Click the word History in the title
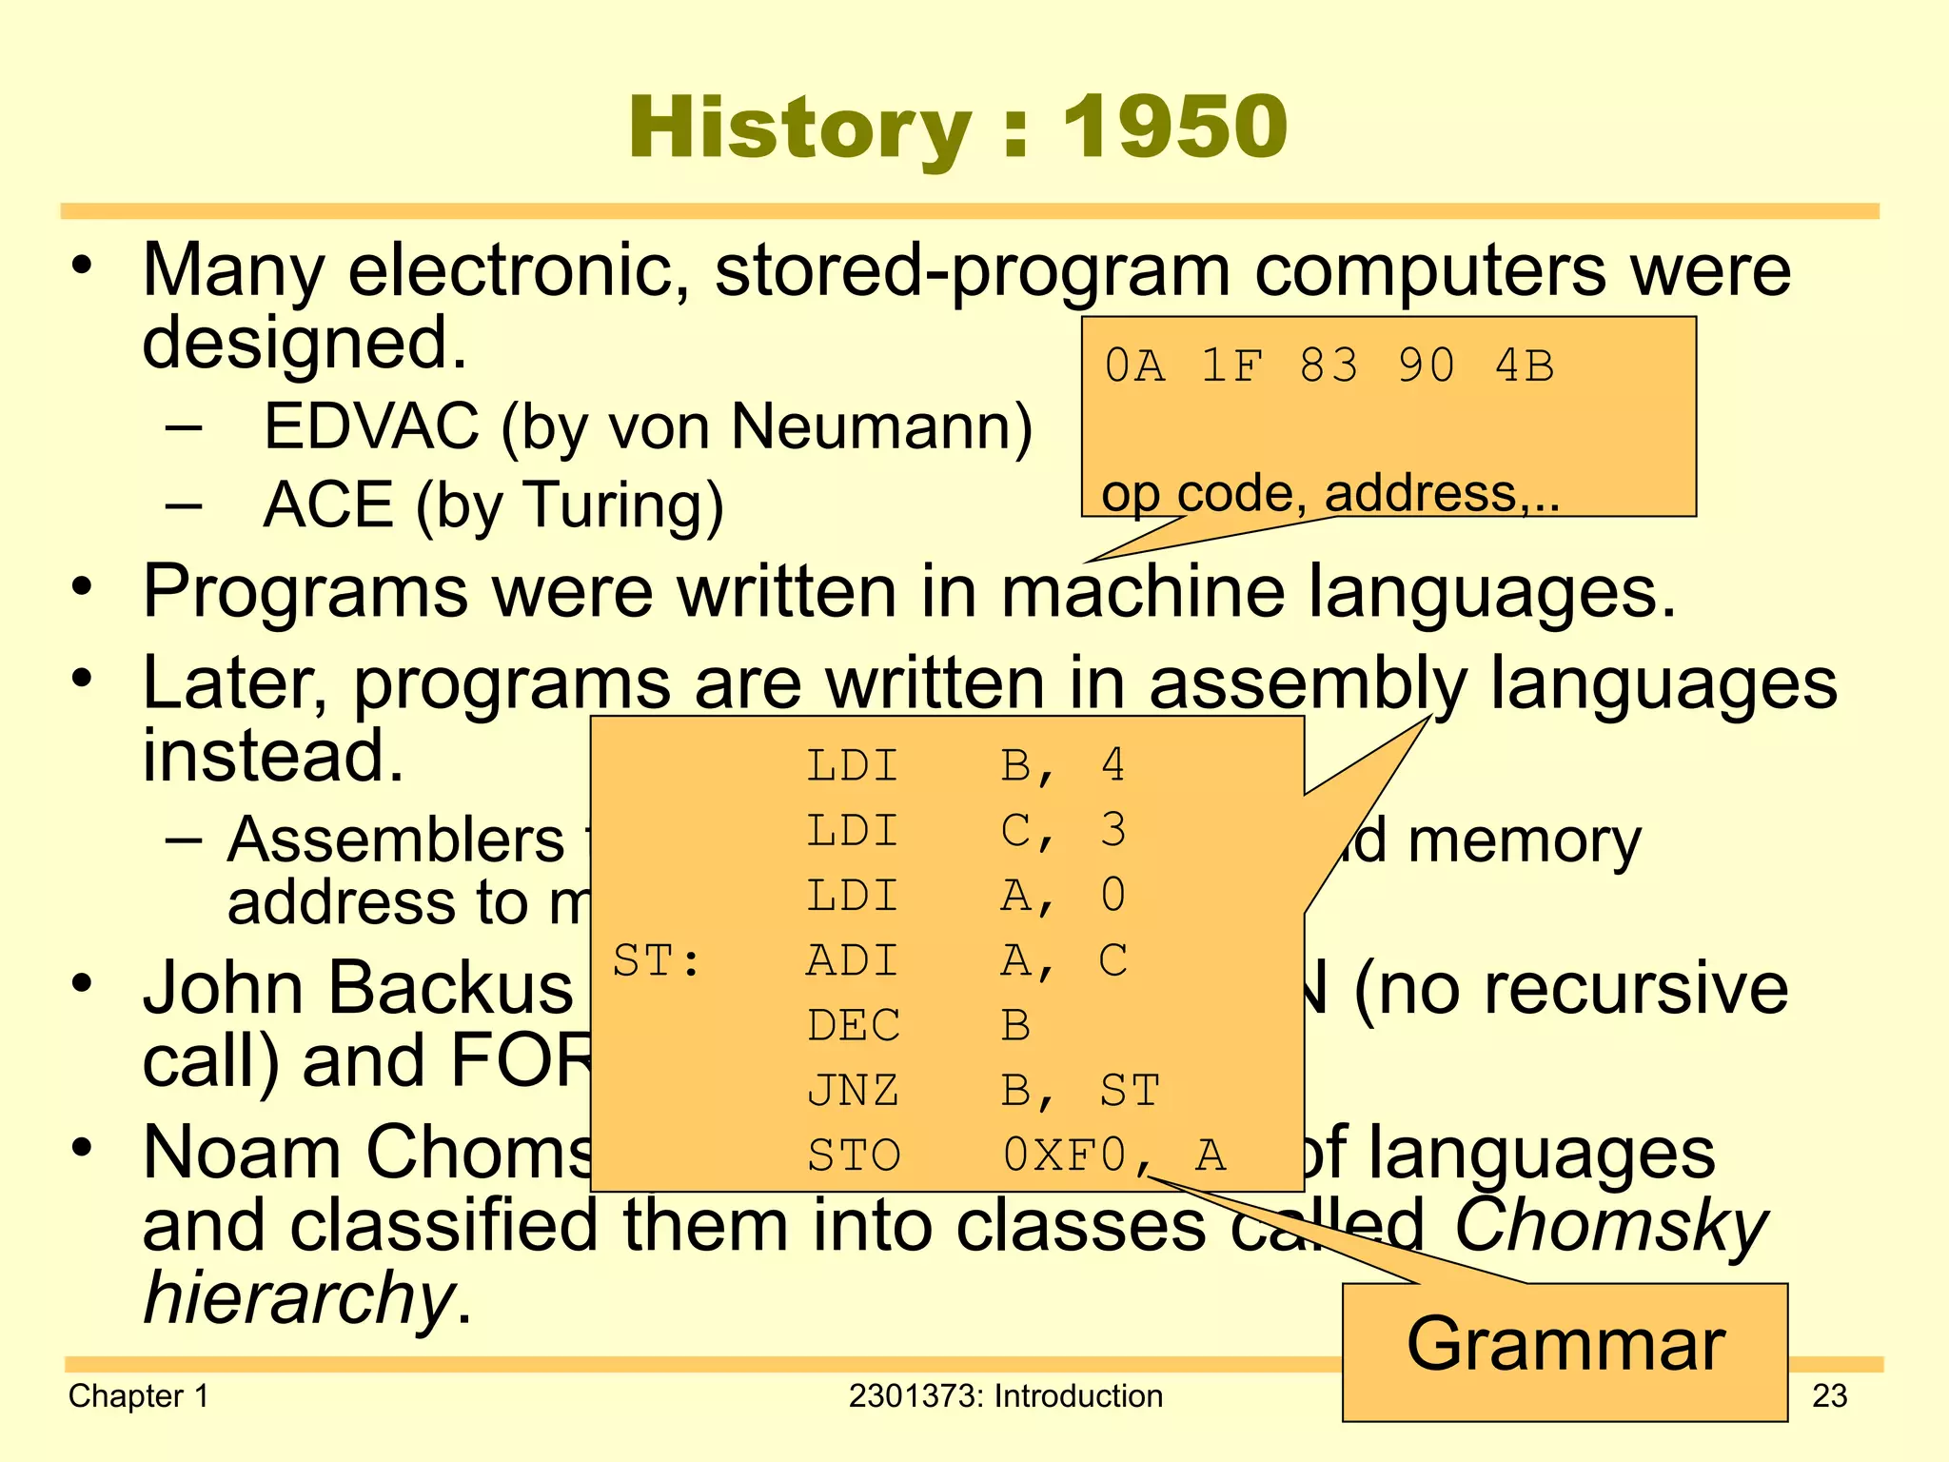[x=800, y=128]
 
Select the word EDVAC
[x=371, y=426]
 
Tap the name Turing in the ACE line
[x=622, y=504]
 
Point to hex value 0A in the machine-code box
[x=1134, y=366]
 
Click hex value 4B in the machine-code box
[x=1525, y=366]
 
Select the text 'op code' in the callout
[x=1197, y=493]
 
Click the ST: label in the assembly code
[x=657, y=961]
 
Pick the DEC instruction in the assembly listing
[x=853, y=1026]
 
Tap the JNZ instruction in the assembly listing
[x=853, y=1091]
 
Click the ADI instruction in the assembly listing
[x=853, y=961]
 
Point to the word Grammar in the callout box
[x=1565, y=1344]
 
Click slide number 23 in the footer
[x=1829, y=1396]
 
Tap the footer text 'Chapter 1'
[x=139, y=1396]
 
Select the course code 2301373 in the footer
[x=915, y=1396]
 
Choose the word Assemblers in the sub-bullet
[x=396, y=841]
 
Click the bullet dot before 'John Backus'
[x=84, y=983]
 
